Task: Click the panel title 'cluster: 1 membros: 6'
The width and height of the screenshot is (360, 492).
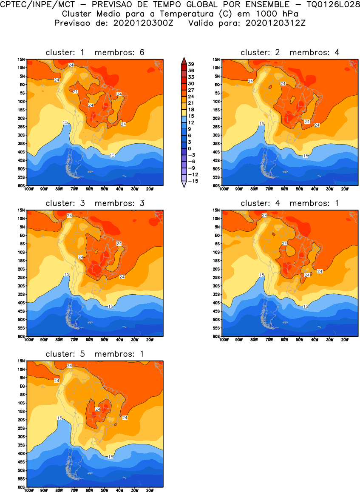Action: coord(95,52)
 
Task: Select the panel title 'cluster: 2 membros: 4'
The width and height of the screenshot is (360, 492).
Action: coord(290,52)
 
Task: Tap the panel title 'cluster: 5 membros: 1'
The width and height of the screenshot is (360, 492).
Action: coord(95,354)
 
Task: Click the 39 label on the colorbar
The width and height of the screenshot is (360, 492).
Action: coord(191,64)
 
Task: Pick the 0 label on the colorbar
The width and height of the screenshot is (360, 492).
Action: coord(190,148)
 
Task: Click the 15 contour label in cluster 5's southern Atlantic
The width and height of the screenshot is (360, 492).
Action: coord(111,457)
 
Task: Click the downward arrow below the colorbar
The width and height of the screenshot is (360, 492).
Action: coord(183,185)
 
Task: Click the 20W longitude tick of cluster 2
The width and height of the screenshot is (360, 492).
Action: coord(345,189)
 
